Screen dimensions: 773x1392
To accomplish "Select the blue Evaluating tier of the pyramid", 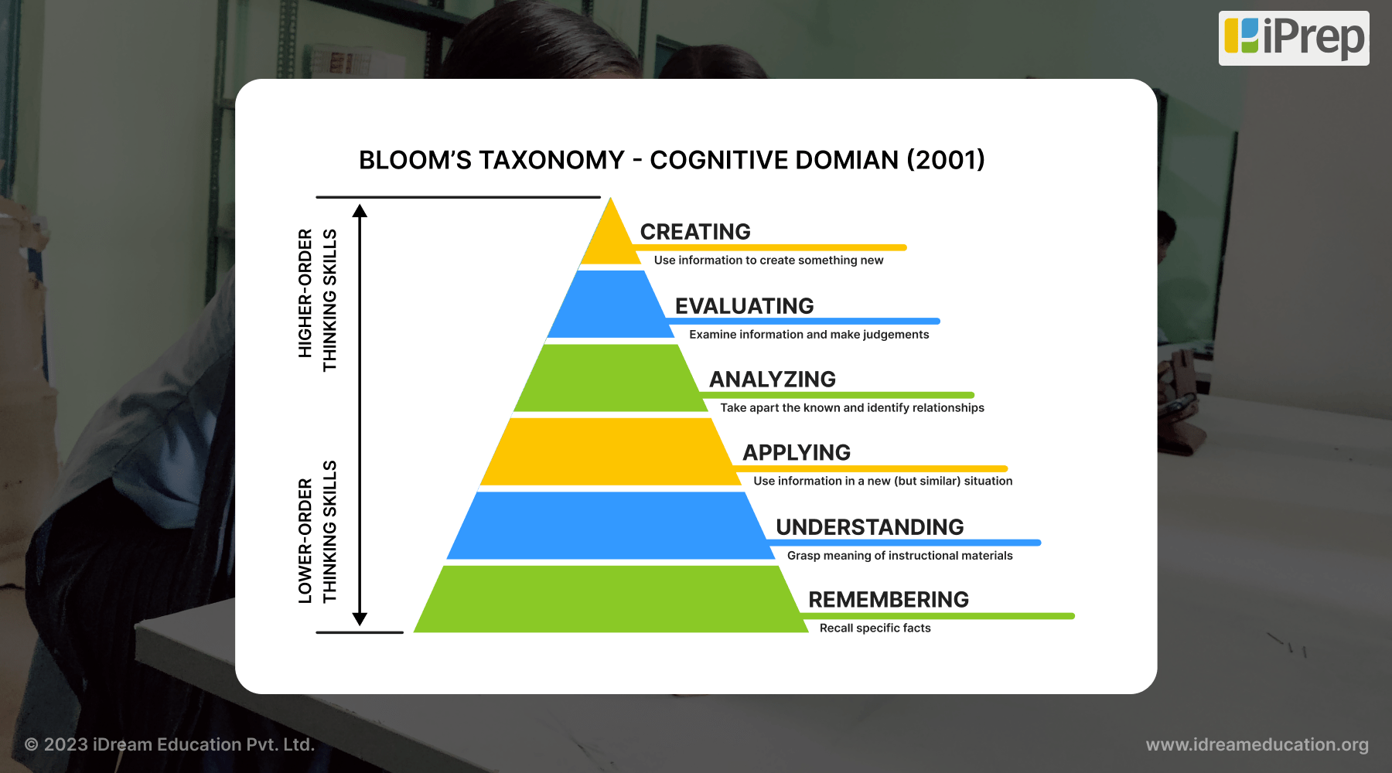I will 611,305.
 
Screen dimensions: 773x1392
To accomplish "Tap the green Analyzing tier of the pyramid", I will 609,378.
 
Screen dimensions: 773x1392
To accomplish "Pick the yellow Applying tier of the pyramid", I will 609,451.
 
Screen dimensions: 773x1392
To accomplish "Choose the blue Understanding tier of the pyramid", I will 609,526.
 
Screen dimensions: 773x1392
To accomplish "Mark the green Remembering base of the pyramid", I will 609,599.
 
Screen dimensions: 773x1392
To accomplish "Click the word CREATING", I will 695,232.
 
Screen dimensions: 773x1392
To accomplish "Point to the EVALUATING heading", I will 744,306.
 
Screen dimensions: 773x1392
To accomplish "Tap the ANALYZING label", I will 773,380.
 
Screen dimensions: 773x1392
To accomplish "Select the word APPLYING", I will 797,453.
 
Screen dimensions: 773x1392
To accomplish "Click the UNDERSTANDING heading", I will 869,527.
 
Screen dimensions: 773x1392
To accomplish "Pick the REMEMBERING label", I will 888,600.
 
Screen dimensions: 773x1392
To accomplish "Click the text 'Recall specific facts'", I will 875,628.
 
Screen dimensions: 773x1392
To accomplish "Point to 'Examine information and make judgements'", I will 809,335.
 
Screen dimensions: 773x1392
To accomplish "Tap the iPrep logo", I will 1294,38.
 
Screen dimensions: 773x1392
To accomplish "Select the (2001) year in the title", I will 946,160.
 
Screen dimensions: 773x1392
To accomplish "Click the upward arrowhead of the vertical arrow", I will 360,210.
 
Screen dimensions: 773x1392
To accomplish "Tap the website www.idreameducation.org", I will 1257,744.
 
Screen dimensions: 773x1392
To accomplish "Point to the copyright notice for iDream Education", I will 169,744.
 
